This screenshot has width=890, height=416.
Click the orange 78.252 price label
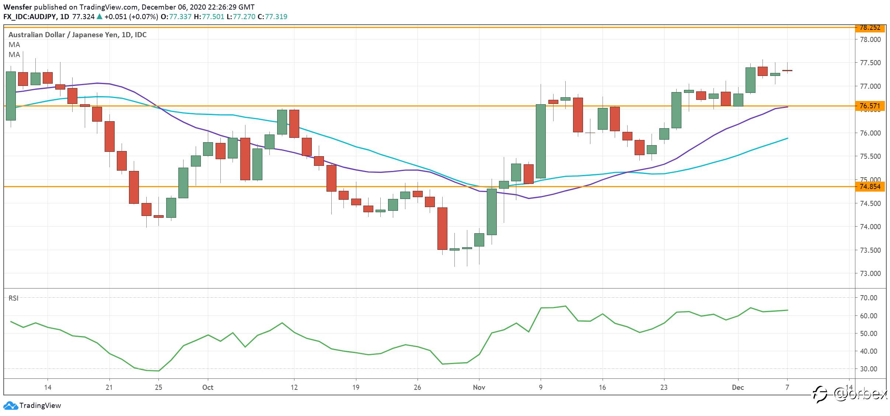click(x=870, y=28)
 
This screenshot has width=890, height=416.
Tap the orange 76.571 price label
click(x=870, y=106)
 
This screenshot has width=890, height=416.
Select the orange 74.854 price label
click(x=870, y=187)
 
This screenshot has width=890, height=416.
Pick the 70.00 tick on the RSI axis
click(x=868, y=298)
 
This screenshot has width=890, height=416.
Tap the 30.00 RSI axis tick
click(x=868, y=369)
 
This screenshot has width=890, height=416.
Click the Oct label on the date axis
click(x=208, y=388)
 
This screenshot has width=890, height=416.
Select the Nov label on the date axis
click(x=479, y=388)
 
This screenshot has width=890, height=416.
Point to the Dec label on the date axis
click(x=738, y=388)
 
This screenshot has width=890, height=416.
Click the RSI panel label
click(x=13, y=298)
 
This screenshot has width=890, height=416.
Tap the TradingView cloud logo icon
click(x=10, y=406)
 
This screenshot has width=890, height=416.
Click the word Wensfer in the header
click(x=18, y=7)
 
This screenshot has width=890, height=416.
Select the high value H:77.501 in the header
click(x=209, y=17)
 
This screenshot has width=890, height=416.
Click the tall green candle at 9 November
click(x=541, y=141)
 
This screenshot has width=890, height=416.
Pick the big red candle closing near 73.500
click(x=442, y=229)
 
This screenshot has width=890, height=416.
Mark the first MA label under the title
click(x=14, y=45)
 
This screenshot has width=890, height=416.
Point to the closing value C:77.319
click(x=272, y=17)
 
